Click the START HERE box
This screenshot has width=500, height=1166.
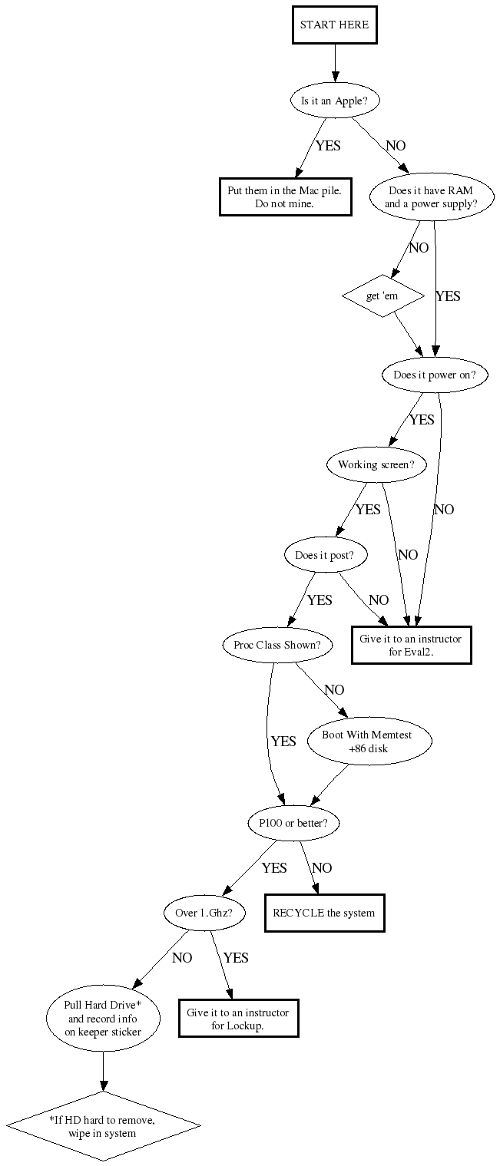334,25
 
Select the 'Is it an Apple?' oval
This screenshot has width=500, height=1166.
334,101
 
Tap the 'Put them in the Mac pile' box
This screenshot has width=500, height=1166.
286,197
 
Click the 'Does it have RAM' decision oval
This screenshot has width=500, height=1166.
431,197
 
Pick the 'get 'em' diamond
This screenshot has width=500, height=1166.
382,296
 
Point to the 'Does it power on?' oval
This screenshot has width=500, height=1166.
435,375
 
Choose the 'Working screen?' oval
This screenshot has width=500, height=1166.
376,465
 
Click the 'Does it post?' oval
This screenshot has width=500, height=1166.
324,555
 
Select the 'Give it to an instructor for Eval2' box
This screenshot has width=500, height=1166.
412,645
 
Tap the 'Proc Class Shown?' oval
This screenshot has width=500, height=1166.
277,645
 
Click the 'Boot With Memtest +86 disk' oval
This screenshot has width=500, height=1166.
369,742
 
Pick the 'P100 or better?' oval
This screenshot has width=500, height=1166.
293,823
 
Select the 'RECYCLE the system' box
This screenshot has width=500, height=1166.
324,913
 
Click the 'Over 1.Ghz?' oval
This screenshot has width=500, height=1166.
204,913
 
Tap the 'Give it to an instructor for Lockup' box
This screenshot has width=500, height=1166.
239,1018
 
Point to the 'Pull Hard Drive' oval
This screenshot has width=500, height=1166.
103,1018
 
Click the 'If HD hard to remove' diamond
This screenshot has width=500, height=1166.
103,1126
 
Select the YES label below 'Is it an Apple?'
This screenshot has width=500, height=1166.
328,146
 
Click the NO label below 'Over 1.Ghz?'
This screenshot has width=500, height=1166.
182,958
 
